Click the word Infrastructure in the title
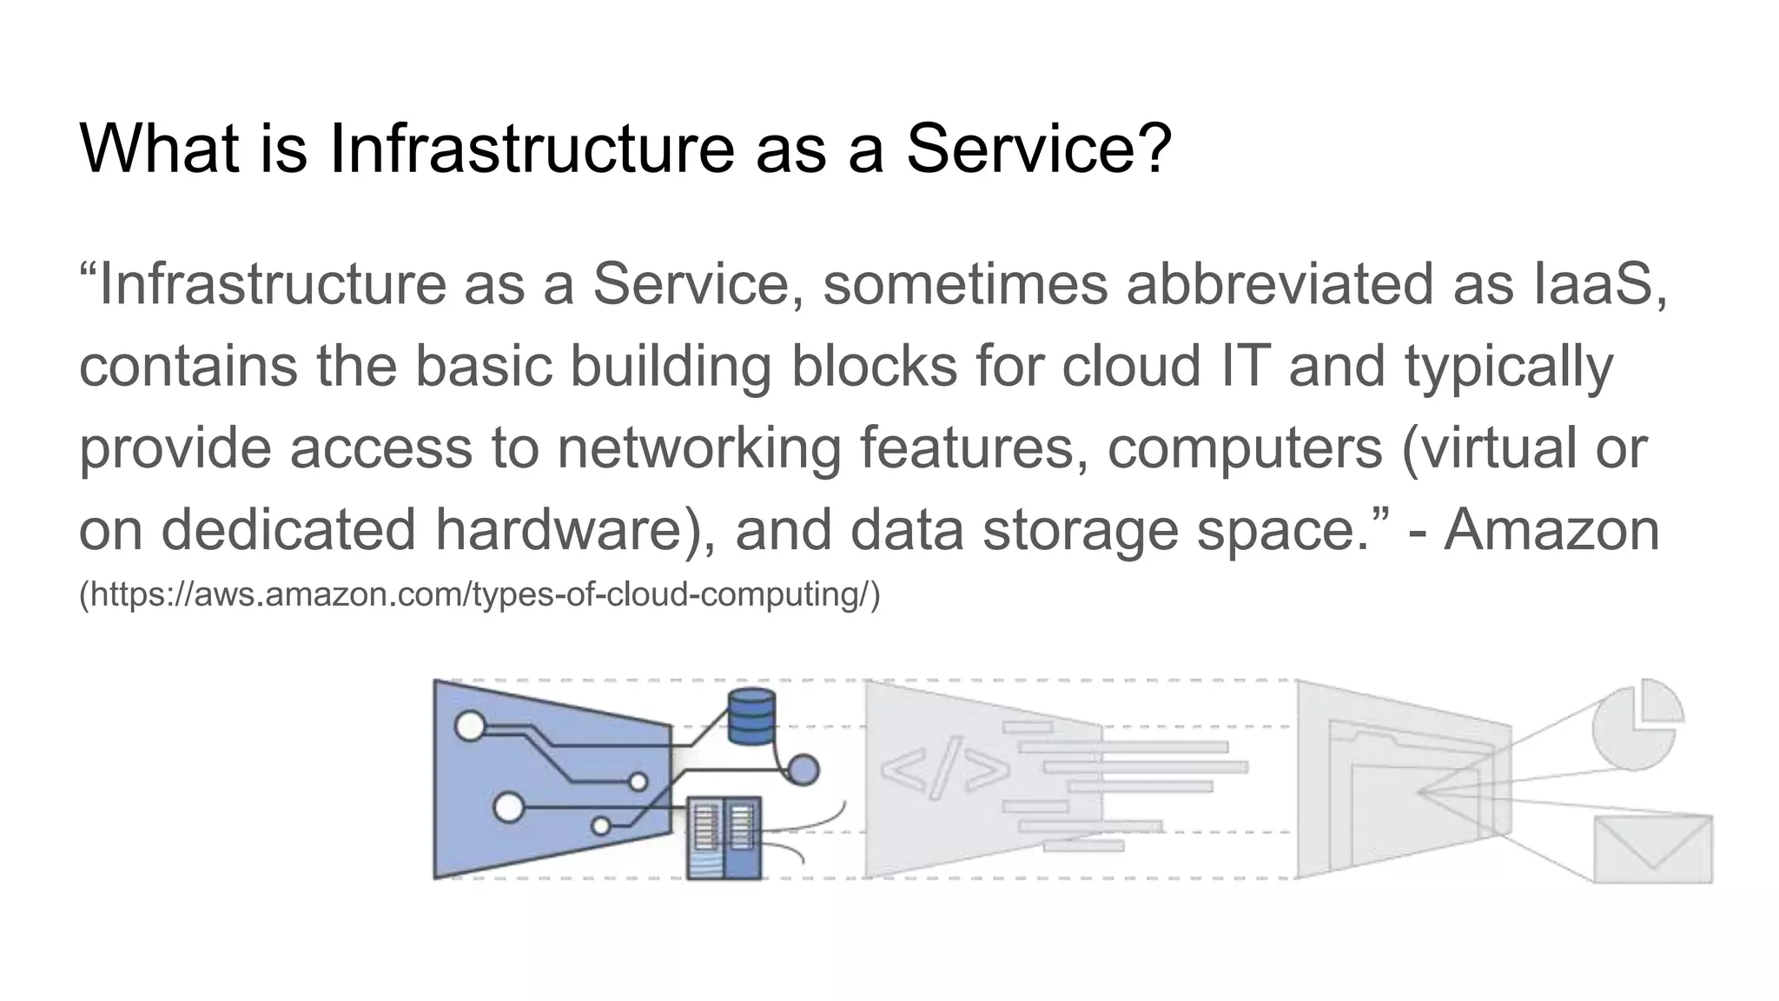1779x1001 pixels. tap(531, 148)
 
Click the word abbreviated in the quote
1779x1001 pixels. tap(1280, 283)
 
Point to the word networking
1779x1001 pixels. tap(698, 448)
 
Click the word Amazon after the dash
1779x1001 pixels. tap(1551, 529)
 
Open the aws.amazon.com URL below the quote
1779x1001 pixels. tap(479, 595)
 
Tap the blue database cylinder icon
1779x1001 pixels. tap(751, 717)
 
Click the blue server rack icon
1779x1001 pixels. tap(724, 838)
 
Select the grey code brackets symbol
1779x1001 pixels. tap(945, 768)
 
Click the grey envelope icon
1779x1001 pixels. tap(1653, 848)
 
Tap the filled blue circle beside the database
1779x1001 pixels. tap(803, 769)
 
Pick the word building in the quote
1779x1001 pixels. tap(670, 366)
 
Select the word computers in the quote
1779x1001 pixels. tap(1244, 448)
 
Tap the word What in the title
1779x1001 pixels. tap(159, 148)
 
